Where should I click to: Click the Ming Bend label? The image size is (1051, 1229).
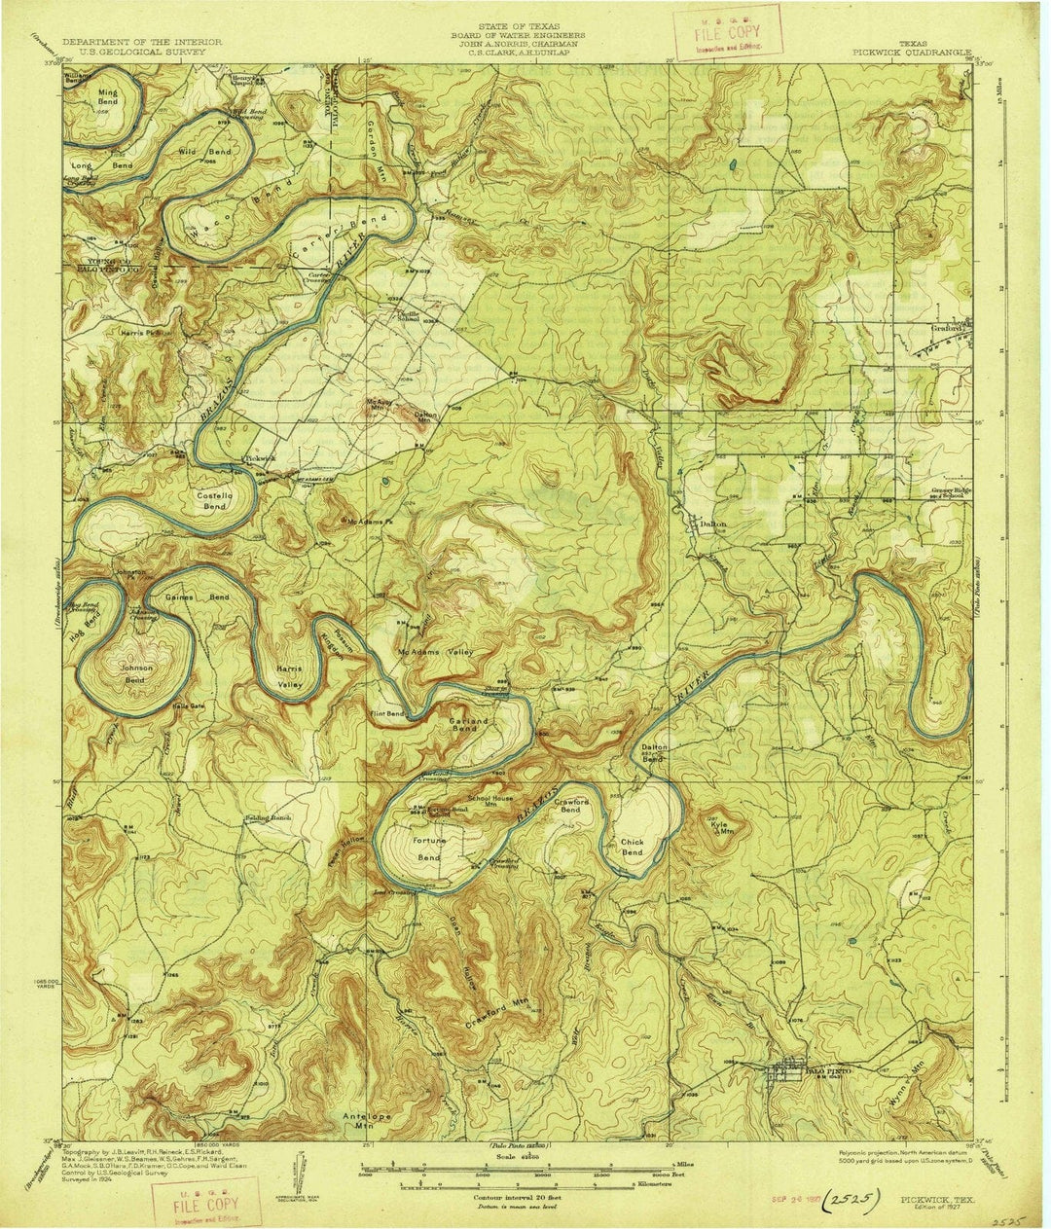tap(107, 95)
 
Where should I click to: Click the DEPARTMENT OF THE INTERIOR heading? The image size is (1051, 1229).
tap(142, 43)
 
